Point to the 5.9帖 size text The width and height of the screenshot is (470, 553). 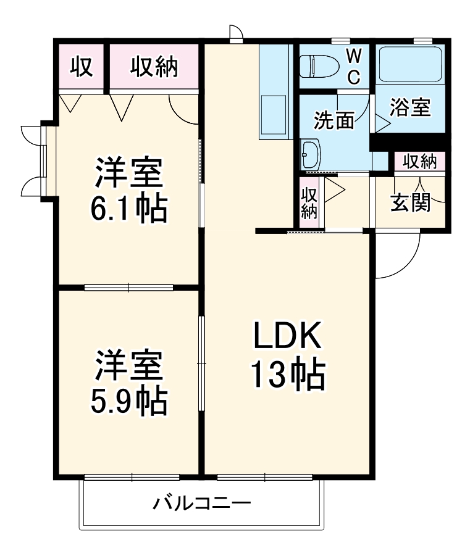click(x=128, y=401)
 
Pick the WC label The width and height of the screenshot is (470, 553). click(x=353, y=65)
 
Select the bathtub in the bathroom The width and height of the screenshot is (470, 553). click(x=409, y=64)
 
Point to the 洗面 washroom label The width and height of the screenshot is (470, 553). click(x=334, y=120)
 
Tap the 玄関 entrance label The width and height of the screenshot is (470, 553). click(x=409, y=202)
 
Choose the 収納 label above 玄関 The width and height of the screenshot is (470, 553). click(x=420, y=162)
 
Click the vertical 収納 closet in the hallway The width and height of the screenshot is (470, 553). click(x=308, y=202)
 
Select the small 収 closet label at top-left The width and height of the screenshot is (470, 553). click(x=81, y=67)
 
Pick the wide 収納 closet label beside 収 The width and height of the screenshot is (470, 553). click(x=153, y=67)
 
